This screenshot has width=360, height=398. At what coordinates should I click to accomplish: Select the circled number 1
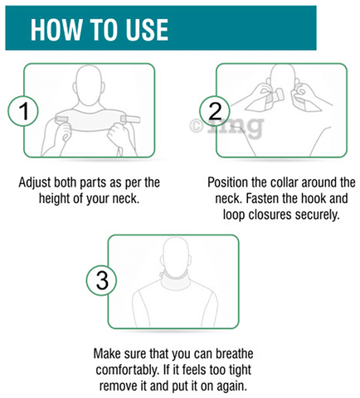click(x=23, y=111)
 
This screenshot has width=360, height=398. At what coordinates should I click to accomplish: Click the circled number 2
click(x=215, y=111)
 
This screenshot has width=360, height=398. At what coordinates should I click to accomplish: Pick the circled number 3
click(x=101, y=280)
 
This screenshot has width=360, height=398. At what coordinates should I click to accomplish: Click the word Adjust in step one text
click(x=35, y=183)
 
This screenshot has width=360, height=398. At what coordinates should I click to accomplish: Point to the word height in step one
click(x=55, y=199)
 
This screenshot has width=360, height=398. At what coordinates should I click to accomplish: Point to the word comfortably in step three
click(x=128, y=371)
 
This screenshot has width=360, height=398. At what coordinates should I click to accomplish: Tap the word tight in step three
click(x=240, y=371)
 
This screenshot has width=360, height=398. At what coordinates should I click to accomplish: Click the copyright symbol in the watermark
click(x=196, y=126)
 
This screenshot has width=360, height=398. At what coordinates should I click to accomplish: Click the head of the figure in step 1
click(x=89, y=85)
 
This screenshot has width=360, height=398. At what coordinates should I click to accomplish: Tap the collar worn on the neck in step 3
click(x=175, y=279)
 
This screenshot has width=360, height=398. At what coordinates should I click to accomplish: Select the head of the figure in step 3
click(x=176, y=255)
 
